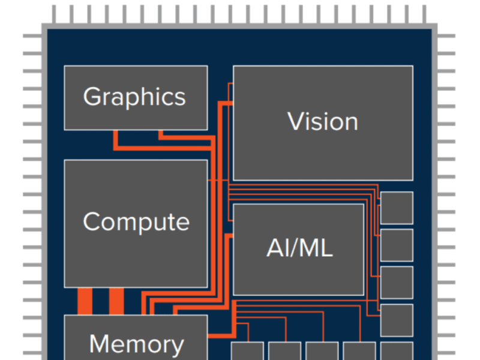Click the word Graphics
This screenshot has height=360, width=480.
134,97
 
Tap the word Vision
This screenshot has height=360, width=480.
323,122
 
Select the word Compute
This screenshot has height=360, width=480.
136,222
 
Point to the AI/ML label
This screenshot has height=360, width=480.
299,248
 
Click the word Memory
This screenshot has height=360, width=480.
136,344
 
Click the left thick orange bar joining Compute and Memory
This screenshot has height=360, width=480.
85,301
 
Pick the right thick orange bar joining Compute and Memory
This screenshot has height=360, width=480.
116,301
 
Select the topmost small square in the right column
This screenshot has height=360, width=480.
397,208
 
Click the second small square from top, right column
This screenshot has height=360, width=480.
397,245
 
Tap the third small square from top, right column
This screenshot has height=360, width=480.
397,283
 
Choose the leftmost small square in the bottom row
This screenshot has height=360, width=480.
247,352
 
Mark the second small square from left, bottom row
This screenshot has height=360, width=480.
284,352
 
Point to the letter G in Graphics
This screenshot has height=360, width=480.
92,97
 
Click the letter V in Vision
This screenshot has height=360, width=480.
295,122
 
